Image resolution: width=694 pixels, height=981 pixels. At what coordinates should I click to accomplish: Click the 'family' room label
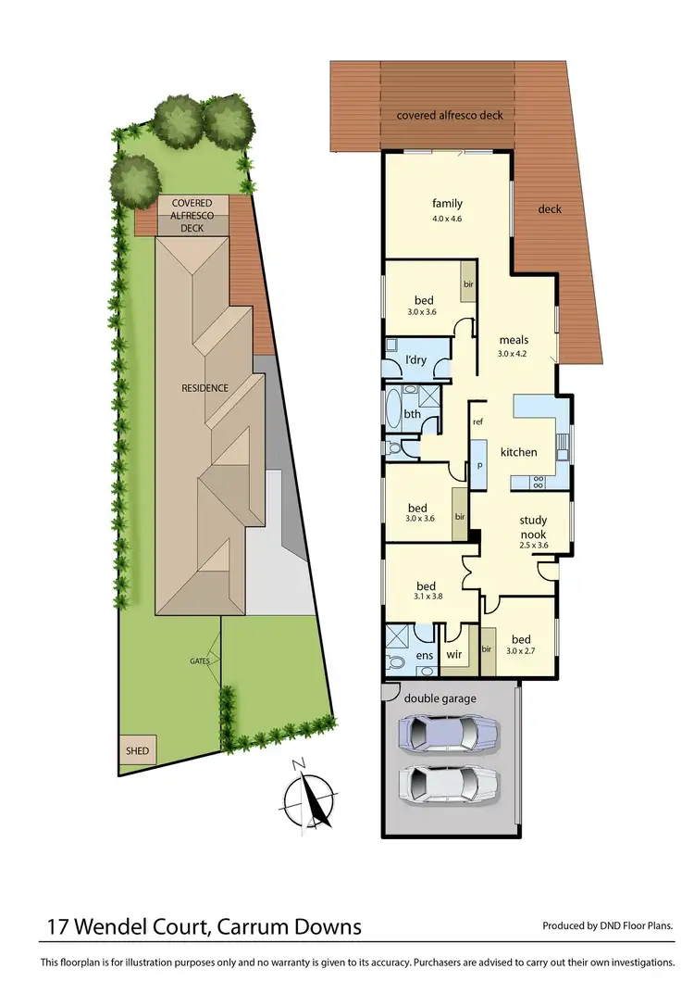point(447,204)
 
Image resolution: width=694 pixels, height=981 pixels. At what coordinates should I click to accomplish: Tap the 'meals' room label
point(514,339)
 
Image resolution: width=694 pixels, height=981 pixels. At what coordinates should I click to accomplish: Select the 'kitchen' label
point(518,452)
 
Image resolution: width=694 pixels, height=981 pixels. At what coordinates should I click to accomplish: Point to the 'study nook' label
point(532,528)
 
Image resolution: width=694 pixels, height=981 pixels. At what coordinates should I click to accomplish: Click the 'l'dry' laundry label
point(416,359)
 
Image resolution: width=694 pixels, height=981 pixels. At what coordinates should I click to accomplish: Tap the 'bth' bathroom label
point(412,414)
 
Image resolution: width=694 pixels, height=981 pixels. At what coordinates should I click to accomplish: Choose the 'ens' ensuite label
point(424,655)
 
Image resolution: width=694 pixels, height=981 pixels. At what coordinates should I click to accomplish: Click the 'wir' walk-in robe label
point(453,655)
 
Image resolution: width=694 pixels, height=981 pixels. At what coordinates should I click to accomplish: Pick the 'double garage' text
point(440,698)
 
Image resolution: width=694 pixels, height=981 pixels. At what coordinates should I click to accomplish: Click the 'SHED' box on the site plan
point(137,749)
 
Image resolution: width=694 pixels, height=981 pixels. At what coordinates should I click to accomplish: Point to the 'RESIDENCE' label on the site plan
point(204,388)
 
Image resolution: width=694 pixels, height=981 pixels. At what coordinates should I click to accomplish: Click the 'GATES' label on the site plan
point(199,661)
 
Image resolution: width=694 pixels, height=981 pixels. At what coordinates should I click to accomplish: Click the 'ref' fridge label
point(478,422)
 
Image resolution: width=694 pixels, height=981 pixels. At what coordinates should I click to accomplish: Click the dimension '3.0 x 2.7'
point(521,652)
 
